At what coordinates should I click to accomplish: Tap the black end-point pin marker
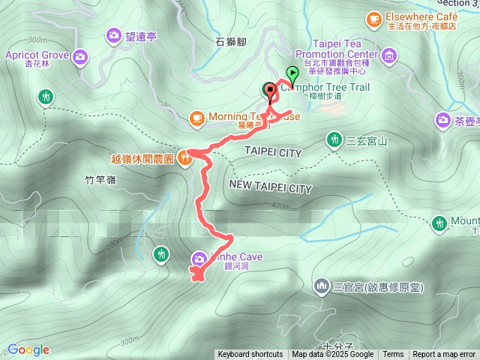269,90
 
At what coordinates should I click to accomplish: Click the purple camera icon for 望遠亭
114,34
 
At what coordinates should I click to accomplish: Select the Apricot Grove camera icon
80,55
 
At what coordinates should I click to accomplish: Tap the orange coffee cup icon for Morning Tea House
196,117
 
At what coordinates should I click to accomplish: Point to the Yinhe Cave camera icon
199,257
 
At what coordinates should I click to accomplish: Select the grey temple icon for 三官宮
322,286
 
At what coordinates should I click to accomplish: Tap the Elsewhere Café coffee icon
373,18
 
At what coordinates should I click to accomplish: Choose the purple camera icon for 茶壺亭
442,120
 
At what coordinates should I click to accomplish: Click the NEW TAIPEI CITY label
271,186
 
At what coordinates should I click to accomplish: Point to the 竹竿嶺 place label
100,180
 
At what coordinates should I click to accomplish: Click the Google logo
28,349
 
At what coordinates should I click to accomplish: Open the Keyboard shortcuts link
250,355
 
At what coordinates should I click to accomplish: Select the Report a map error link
445,355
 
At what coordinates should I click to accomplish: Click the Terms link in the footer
393,355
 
